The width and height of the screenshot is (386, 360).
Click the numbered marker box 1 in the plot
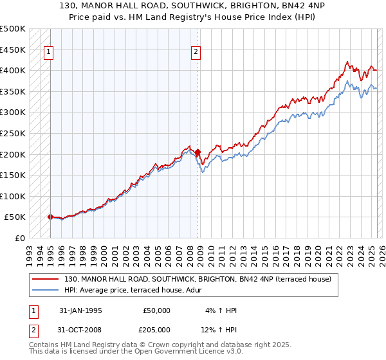[50, 53]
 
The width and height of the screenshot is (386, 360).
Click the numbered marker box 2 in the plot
[196, 53]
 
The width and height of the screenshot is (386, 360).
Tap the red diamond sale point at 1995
[50, 217]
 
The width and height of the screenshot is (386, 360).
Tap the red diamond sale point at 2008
[198, 152]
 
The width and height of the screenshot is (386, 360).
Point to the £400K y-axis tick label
[13, 70]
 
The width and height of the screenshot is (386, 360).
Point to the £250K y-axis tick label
[13, 133]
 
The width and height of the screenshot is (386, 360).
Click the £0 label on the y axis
[20, 238]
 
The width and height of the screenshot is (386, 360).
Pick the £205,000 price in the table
[157, 329]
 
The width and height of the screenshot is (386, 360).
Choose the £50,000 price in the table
[157, 310]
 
